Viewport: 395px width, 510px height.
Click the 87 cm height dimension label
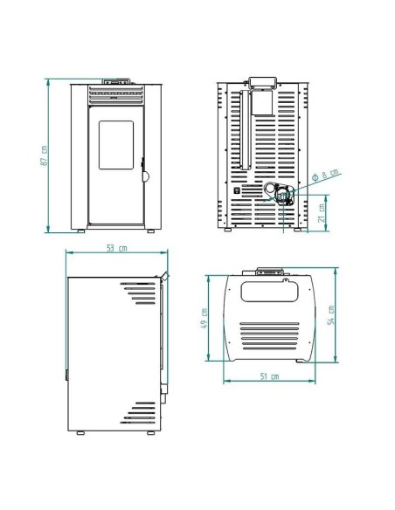tap(45, 155)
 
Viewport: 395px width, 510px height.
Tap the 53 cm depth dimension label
tap(117, 248)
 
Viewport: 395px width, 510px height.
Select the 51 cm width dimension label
tap(269, 376)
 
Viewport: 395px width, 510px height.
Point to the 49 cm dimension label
tap(204, 318)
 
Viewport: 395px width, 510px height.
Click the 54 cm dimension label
tap(330, 315)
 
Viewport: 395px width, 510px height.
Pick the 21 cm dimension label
tap(322, 213)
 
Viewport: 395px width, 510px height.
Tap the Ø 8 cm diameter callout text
tap(325, 175)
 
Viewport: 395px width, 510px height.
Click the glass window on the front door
tap(116, 145)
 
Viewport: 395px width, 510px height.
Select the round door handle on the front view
tap(145, 176)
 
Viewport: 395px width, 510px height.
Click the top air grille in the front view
tap(116, 95)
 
